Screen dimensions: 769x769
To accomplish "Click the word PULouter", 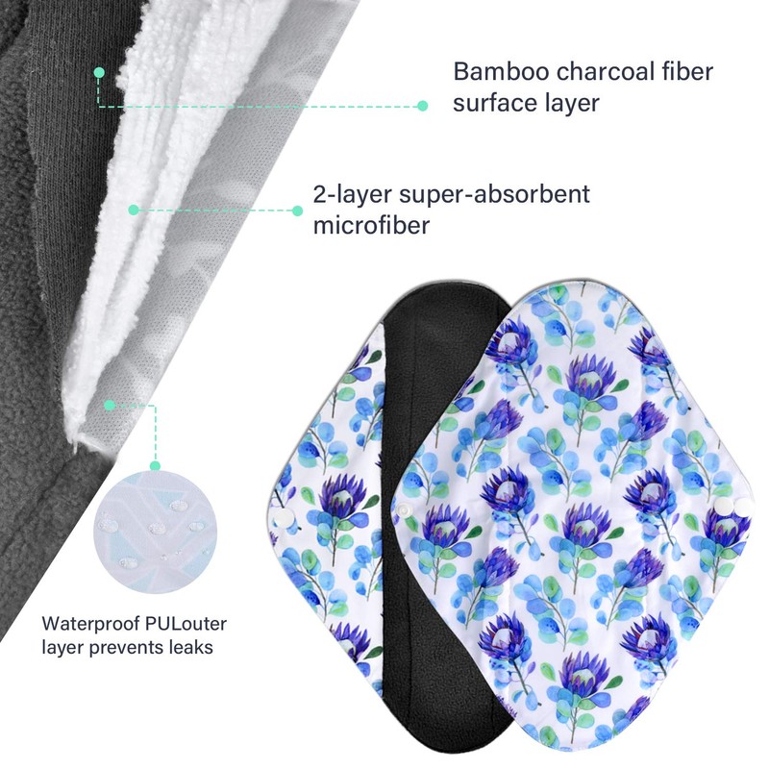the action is point(186,624).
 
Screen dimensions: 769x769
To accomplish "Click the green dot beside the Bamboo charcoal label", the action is point(422,106).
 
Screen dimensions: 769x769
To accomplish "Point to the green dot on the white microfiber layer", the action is point(133,208).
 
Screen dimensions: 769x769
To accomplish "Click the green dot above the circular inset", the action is point(110,407).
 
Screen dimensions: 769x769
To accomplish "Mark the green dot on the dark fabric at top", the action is point(99,71).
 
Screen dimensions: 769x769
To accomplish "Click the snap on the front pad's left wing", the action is point(406,508).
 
